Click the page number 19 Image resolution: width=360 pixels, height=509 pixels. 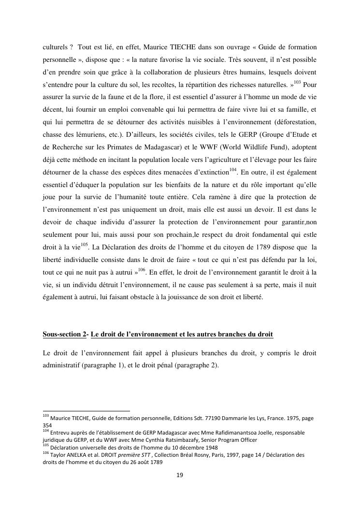click(x=180, y=476)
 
